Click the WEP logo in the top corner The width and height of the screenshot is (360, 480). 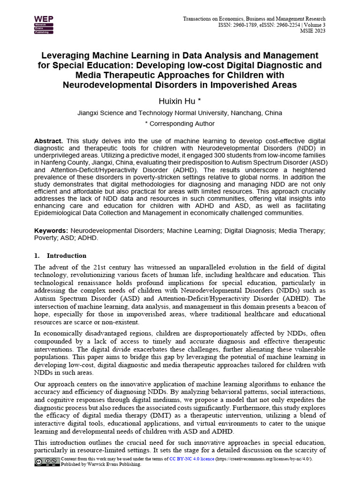click(x=44, y=25)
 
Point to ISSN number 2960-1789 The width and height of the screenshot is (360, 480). click(x=248, y=25)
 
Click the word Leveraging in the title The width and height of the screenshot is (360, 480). click(x=66, y=56)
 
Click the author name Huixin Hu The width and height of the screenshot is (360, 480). click(x=177, y=101)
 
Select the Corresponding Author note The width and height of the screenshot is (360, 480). click(x=180, y=124)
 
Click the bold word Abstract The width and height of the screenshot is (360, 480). click(x=48, y=141)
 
